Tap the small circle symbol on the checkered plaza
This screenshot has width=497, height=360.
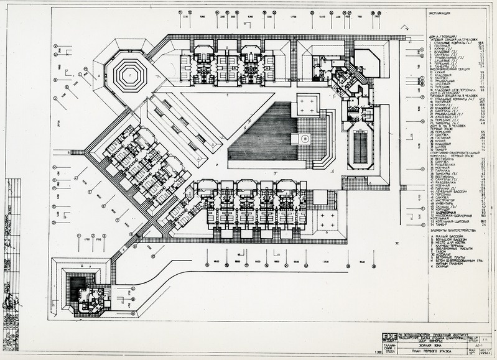pos(305,141)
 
